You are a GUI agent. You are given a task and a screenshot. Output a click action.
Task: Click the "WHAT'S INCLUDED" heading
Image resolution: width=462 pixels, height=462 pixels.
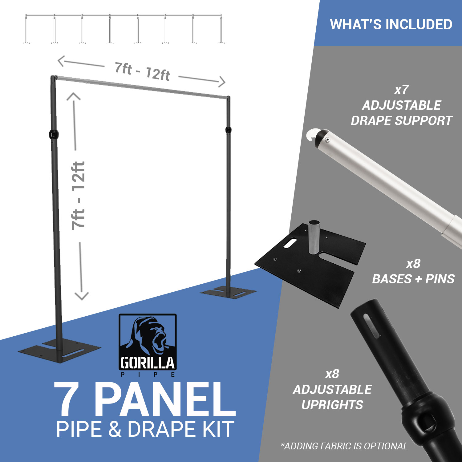(391, 24)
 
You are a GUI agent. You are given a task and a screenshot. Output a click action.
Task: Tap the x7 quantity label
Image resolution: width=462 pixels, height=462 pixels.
(401, 90)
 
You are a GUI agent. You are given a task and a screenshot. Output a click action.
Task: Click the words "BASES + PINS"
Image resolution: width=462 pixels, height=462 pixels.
(413, 279)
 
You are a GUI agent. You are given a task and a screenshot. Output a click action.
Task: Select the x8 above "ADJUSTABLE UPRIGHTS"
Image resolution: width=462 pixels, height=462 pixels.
(332, 374)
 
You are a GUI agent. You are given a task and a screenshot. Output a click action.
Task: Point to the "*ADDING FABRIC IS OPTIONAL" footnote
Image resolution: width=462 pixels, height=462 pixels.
(344, 446)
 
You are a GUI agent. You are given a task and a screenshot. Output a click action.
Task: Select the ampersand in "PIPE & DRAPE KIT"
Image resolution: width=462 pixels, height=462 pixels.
(115, 429)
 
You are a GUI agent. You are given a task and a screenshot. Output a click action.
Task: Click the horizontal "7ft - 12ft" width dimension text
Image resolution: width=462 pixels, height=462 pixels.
(142, 72)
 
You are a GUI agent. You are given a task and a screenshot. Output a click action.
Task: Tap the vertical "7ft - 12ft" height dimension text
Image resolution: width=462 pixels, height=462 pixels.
(78, 196)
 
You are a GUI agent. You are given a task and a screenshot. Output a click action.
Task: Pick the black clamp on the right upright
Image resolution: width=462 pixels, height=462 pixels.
(228, 129)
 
